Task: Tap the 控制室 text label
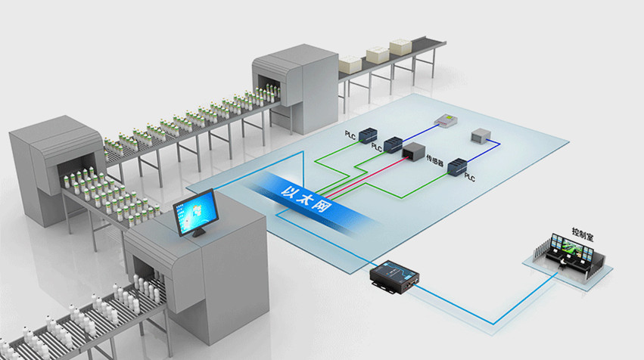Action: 583,236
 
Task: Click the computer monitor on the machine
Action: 195,213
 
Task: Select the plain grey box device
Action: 482,137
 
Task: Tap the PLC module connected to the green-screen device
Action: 393,144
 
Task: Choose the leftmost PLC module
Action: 367,137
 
